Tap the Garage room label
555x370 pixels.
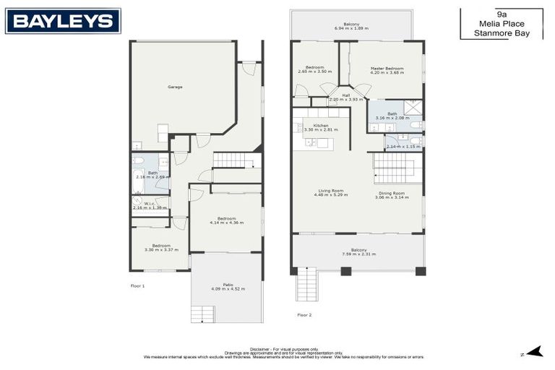pos(175,87)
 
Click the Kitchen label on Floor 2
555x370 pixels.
pos(321,126)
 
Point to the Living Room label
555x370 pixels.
pos(331,191)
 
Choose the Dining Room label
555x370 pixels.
pos(391,193)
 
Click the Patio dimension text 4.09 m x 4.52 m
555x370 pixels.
pos(228,289)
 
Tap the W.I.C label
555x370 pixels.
pos(150,204)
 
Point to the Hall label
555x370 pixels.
pos(346,95)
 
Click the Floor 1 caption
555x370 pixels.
pos(138,286)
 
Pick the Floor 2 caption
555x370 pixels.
pos(304,315)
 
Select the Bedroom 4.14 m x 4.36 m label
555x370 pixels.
pos(227,220)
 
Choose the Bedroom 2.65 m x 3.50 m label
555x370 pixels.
pos(314,69)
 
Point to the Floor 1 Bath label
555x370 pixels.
pos(153,173)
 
